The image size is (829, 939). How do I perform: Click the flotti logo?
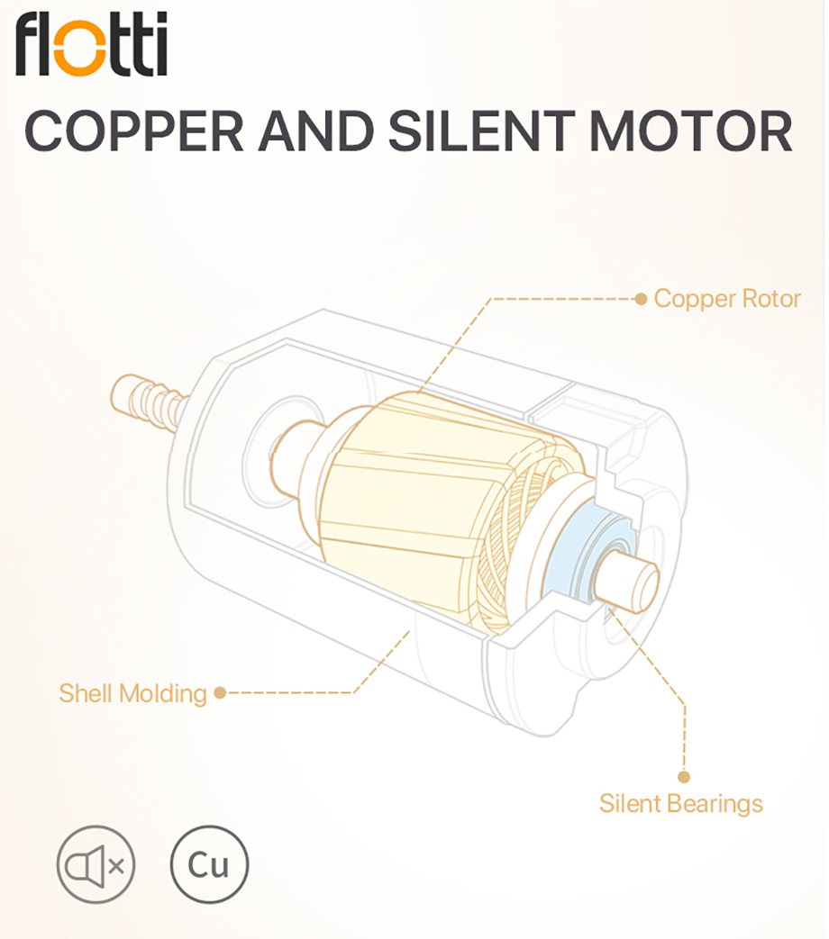(91, 45)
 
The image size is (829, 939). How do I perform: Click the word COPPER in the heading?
(134, 131)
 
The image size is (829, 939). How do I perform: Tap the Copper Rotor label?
(726, 298)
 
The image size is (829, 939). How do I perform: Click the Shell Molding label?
(132, 693)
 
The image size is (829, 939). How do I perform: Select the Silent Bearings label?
(680, 803)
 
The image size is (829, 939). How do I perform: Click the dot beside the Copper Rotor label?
(641, 298)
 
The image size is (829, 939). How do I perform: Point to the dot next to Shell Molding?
(219, 693)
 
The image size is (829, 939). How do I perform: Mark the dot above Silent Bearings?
(683, 776)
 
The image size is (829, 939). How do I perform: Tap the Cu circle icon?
(208, 865)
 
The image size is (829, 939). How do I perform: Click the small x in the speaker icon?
(116, 866)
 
